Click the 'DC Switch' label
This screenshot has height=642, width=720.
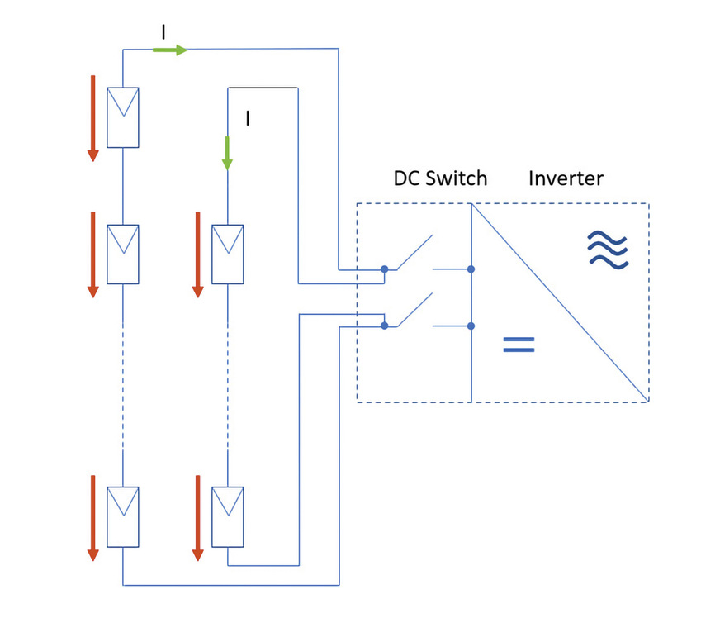(439, 178)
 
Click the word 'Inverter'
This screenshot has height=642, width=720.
(566, 178)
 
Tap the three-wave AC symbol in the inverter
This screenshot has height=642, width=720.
(608, 249)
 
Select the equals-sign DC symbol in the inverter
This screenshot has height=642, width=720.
(519, 345)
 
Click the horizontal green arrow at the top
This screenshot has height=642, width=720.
(170, 50)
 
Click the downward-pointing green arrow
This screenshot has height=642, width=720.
(227, 153)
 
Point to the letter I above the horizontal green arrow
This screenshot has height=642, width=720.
(163, 31)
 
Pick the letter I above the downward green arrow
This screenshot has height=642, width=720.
(247, 118)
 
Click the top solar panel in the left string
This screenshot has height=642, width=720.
(122, 117)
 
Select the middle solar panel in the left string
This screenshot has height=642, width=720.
(122, 254)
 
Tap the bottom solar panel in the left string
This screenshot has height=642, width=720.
(122, 516)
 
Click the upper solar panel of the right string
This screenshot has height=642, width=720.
(227, 254)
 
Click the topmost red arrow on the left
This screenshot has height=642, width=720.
(92, 117)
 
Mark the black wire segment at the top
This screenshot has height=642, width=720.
(263, 87)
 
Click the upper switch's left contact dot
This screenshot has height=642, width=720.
(385, 269)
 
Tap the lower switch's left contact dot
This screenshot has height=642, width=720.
(385, 326)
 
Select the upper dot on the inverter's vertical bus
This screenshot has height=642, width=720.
(471, 269)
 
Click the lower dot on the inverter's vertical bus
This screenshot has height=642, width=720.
(471, 326)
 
